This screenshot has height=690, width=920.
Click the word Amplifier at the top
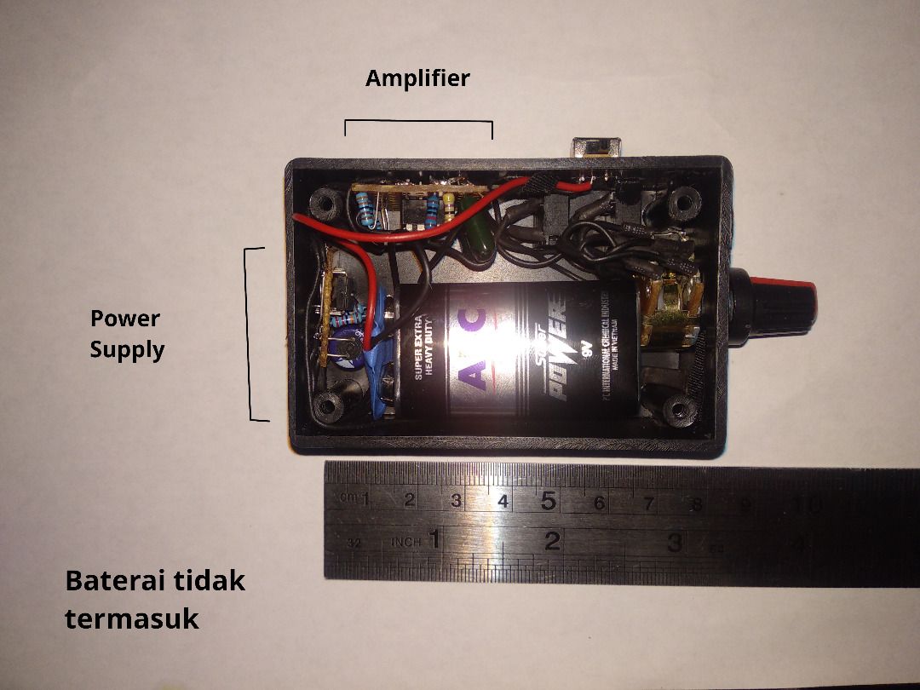(417, 79)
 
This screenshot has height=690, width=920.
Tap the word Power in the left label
(125, 319)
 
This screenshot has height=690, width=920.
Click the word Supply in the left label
(127, 349)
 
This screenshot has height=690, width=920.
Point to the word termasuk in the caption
(132, 618)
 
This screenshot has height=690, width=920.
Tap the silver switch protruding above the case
(595, 147)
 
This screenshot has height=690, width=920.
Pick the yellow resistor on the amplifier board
(449, 207)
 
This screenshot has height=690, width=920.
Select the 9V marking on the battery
(583, 348)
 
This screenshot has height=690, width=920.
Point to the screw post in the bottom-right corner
(678, 411)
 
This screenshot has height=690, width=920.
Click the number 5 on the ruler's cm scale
(548, 501)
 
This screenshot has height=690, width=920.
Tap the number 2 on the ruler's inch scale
(553, 540)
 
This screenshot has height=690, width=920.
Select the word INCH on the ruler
(406, 542)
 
